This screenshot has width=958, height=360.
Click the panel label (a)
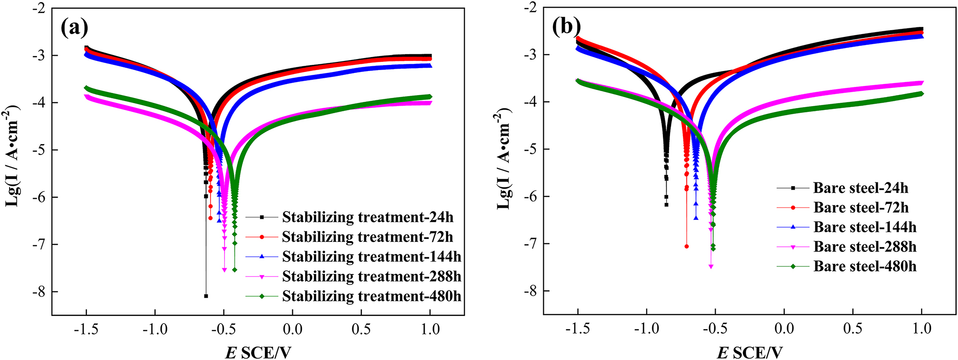[x=74, y=28]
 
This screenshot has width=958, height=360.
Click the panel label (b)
[x=566, y=27]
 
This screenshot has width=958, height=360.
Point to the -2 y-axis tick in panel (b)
[x=531, y=8]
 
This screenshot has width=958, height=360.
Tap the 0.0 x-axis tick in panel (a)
[x=293, y=329]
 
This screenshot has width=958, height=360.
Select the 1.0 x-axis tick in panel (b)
[x=922, y=329]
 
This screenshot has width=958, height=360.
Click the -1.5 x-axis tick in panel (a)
[x=86, y=329]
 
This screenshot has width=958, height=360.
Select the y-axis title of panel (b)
[x=504, y=158]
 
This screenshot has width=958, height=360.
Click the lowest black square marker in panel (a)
[x=206, y=296]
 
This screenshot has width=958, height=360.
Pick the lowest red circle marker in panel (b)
[x=686, y=246]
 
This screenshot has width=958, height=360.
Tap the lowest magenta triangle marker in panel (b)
[x=711, y=266]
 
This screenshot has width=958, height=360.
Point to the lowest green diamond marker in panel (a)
[x=235, y=270]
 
